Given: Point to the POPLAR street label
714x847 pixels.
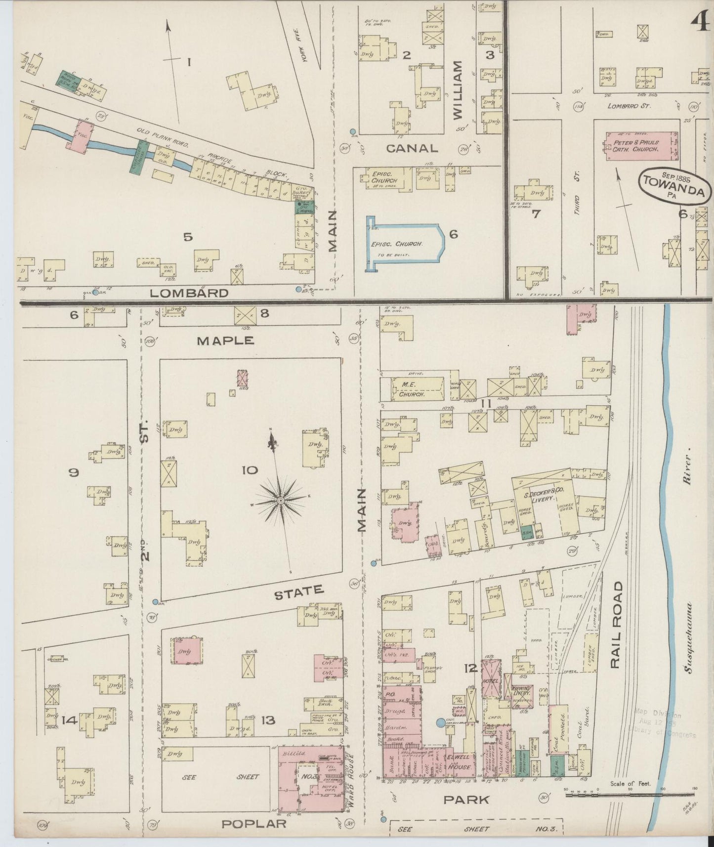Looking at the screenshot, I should click(253, 823).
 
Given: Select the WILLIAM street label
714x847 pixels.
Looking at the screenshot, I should click(457, 90).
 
